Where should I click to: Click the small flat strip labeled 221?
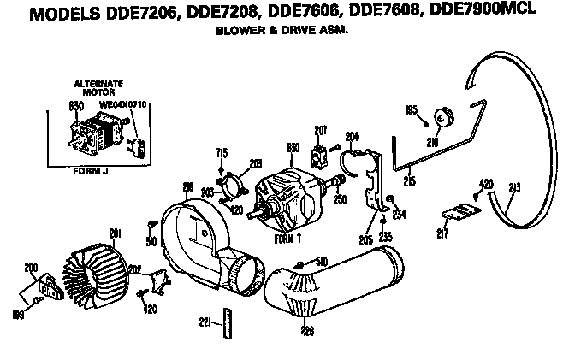point(228,323)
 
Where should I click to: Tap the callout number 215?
point(411,180)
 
